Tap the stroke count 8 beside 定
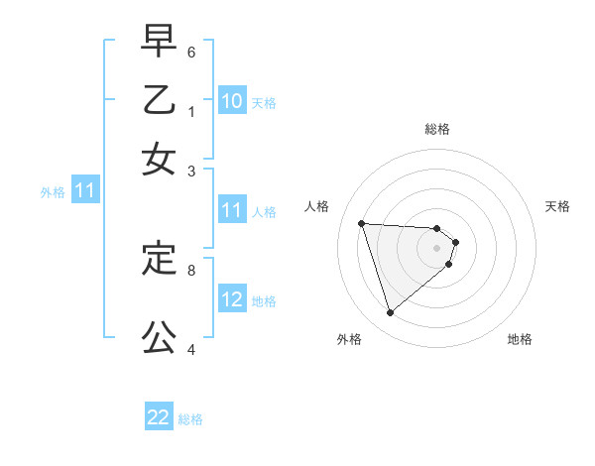tap(191, 269)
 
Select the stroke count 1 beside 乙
tap(191, 111)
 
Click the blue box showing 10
tap(232, 101)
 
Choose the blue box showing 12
tap(232, 299)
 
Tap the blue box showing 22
tap(159, 417)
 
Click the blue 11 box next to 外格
tap(84, 190)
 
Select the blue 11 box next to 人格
tap(232, 210)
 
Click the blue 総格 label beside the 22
tap(191, 419)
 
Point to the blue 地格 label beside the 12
tap(264, 301)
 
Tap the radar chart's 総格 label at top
tap(437, 129)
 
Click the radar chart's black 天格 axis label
tap(557, 206)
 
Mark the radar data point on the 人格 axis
tap(361, 223)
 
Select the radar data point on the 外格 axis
tap(390, 313)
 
